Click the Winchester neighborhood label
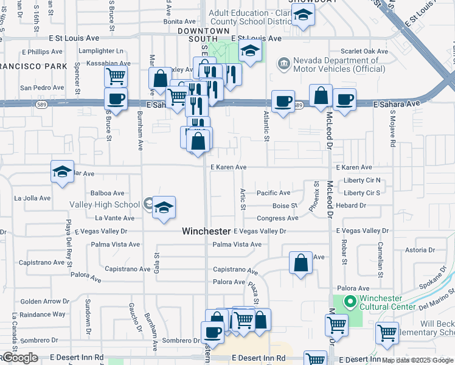coord(207,232)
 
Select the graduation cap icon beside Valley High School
coord(163,208)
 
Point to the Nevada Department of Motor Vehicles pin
coord(283,63)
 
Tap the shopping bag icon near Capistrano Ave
coord(300,264)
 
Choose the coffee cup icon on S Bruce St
coord(116,99)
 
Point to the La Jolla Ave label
coord(32,198)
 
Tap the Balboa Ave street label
coord(108,193)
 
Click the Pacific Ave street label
coord(273,193)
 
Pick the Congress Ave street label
coord(277,218)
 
